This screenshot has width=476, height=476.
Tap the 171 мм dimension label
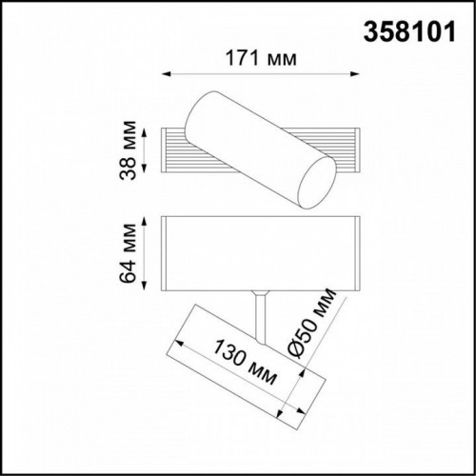pos(258,59)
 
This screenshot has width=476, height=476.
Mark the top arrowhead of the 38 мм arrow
pos(145,127)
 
